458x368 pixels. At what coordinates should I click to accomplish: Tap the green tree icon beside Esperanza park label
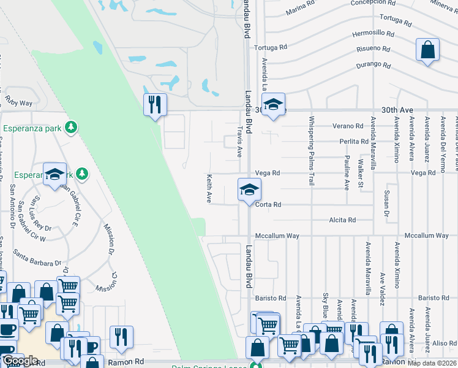click(x=72, y=127)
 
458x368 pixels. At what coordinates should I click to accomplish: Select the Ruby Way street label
click(x=18, y=103)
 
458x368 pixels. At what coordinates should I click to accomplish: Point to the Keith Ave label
click(x=209, y=188)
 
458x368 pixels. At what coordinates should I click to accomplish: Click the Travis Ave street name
click(x=240, y=141)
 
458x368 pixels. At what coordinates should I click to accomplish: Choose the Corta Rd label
click(x=268, y=204)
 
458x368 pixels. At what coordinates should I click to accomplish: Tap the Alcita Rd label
click(x=342, y=220)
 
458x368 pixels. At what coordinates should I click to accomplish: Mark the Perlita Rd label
click(x=354, y=141)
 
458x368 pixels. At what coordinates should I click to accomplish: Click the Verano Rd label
click(x=348, y=126)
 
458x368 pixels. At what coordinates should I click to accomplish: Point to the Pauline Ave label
click(x=347, y=172)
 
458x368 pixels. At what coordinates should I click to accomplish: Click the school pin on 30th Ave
click(x=274, y=104)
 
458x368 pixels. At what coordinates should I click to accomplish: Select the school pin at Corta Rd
click(x=249, y=190)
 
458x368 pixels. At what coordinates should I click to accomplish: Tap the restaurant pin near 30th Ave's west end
click(x=155, y=104)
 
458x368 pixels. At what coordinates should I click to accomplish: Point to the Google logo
click(x=20, y=361)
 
